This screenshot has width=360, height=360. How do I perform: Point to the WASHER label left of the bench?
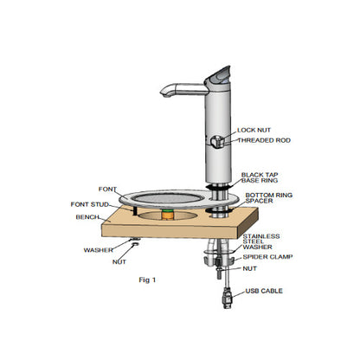97,250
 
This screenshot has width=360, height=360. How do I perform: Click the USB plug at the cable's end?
226,304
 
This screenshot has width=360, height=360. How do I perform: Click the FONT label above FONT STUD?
108,190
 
